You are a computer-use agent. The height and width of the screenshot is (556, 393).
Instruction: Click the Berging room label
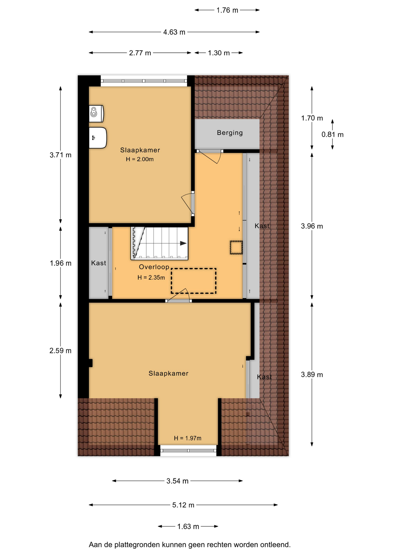point(230,133)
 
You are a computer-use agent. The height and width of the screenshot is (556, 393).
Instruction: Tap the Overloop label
point(154,267)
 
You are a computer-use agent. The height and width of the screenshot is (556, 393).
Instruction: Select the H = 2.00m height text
point(140,159)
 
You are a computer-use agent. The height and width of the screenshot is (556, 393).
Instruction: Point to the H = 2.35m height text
point(151,277)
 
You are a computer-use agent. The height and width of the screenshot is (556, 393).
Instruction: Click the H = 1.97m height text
point(188,438)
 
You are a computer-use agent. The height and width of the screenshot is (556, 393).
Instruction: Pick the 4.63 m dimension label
point(174,32)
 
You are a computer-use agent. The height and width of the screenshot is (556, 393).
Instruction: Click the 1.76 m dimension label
point(227,10)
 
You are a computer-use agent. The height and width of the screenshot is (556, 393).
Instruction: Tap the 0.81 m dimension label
point(333,135)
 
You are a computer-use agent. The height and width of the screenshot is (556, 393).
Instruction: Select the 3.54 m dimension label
point(177,481)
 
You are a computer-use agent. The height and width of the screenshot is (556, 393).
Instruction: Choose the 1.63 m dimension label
point(188,526)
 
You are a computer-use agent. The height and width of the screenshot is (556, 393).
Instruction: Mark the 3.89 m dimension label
point(312,375)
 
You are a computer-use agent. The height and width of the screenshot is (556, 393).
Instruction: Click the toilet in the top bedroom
point(96,114)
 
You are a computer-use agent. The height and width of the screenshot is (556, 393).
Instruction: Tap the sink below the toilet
point(98,138)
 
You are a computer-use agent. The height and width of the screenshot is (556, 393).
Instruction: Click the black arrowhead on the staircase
point(183,243)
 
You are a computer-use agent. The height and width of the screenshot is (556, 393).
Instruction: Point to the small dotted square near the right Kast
point(236,248)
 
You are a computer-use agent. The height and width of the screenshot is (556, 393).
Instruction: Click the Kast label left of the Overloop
point(99,263)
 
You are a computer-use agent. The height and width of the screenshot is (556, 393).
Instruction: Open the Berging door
point(210,157)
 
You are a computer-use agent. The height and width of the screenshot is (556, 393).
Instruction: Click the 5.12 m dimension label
point(183,505)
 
